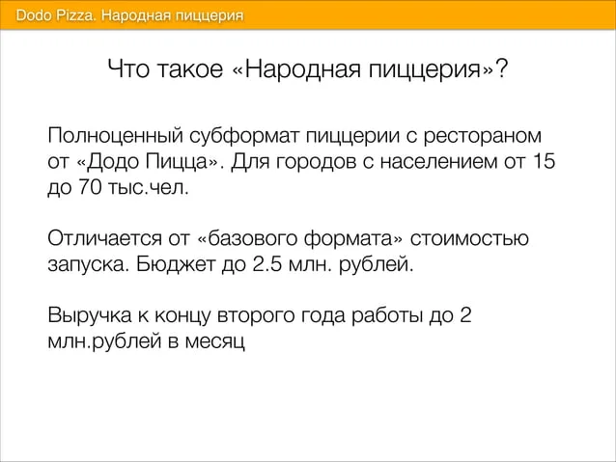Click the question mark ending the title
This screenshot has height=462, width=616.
point(501,68)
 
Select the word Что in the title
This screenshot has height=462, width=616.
point(128,68)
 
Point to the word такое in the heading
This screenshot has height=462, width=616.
point(190,69)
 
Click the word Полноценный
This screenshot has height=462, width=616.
point(115,135)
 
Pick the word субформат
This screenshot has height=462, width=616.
point(244,135)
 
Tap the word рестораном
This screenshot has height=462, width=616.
point(482,136)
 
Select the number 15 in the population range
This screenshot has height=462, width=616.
point(544,161)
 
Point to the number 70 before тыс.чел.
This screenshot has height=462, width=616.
point(90,187)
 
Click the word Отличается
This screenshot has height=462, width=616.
point(104,238)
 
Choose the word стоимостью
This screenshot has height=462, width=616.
point(469,238)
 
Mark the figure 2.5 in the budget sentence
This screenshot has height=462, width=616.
point(266,264)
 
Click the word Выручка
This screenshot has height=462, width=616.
point(89,316)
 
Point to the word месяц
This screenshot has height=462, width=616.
point(214,341)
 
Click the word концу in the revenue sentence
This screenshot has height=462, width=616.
point(182,316)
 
